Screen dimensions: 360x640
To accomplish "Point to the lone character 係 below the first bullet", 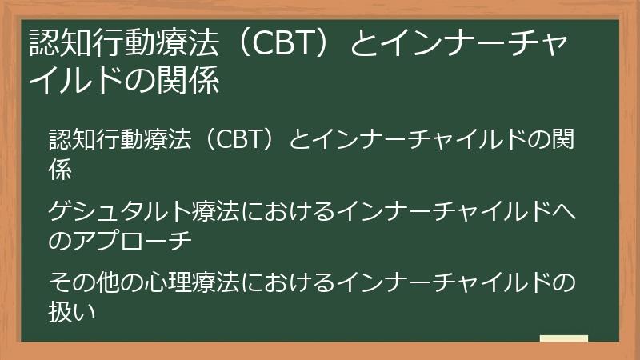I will [x=60, y=168].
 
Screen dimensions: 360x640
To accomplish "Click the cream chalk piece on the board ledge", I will [x=563, y=338].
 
